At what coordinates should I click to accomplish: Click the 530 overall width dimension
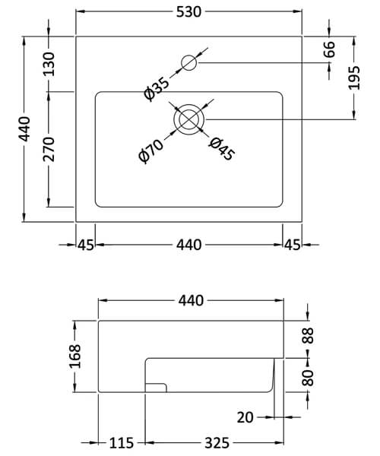tap(189, 13)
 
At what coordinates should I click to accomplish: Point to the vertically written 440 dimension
tap(25, 129)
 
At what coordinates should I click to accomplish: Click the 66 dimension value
tap(329, 50)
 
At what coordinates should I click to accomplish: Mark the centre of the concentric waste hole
tap(189, 120)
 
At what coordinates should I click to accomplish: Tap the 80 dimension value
tap(308, 377)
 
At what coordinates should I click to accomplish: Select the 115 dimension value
tap(122, 443)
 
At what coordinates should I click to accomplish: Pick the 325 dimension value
tap(214, 443)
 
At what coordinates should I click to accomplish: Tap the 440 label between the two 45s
tap(188, 245)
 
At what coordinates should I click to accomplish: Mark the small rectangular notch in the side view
tap(156, 388)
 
